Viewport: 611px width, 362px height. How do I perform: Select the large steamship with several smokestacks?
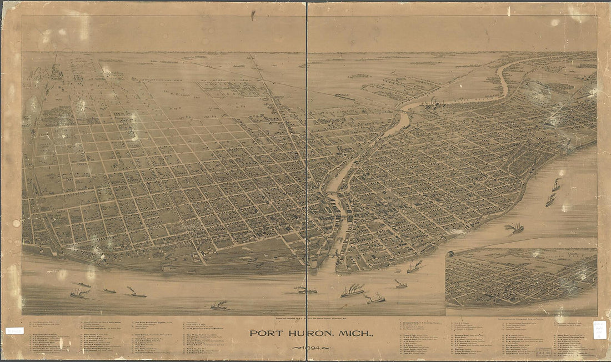click(x=353, y=290)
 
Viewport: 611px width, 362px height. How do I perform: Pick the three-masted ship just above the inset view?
click(x=515, y=227)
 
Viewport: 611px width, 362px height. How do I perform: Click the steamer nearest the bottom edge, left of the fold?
click(x=219, y=305)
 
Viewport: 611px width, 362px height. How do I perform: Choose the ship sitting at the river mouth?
click(x=414, y=268)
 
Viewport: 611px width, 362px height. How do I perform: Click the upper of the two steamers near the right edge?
click(x=556, y=185)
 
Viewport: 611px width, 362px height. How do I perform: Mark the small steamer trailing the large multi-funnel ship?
click(x=375, y=299)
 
